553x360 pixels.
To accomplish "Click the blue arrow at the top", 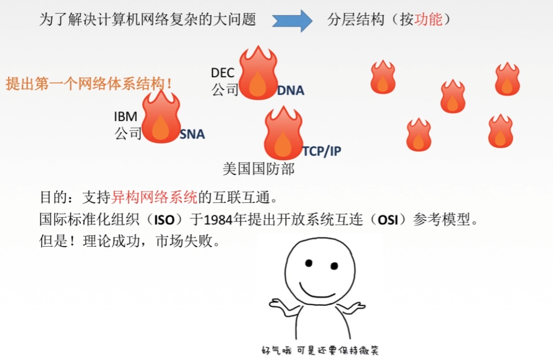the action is tap(292, 20).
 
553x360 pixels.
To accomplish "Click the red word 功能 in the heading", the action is tap(428, 19).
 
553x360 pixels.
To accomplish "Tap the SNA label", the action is tap(192, 135).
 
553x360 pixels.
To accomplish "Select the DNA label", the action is tap(290, 91).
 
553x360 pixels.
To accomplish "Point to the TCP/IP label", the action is tap(322, 151).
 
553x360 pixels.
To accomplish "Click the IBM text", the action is tap(126, 117).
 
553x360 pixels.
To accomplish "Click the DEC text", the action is tap(223, 73).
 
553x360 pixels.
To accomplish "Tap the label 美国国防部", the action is tap(258, 169).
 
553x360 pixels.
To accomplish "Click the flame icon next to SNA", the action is tap(161, 117).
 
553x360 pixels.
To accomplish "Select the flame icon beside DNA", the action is tap(258, 73).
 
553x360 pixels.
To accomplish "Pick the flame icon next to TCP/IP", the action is tap(283, 133).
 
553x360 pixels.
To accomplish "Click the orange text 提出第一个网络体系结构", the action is tap(86, 84).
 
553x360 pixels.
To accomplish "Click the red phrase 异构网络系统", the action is tap(154, 197).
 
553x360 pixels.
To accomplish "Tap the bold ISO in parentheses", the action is tap(164, 220).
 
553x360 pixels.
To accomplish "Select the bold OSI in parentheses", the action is tap(388, 220).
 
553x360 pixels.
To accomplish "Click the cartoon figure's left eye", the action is tap(309, 263).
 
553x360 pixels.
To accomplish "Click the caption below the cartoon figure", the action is tap(320, 350).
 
